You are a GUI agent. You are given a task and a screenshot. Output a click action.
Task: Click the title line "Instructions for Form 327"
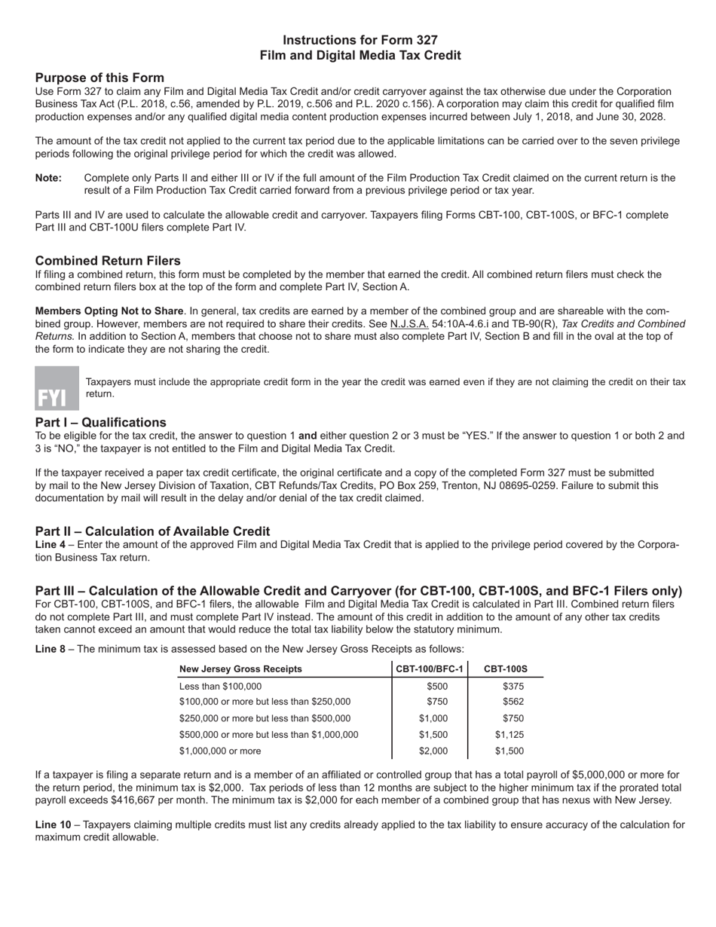click(360, 40)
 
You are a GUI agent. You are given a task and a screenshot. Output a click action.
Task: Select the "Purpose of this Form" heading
click(99, 78)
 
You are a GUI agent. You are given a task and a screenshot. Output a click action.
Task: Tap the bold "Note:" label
click(49, 178)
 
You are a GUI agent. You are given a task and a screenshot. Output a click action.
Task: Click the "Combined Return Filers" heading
click(108, 260)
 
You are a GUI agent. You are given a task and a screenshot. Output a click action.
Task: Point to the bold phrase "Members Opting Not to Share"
click(109, 311)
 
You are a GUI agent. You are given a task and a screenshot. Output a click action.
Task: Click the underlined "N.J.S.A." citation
click(409, 324)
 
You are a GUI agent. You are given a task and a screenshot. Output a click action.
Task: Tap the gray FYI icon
click(57, 388)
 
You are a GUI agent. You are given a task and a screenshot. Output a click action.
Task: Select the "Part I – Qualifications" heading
click(100, 422)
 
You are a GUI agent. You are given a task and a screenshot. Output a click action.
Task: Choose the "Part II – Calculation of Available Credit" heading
click(152, 531)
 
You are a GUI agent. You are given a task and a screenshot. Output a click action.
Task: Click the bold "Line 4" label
click(50, 544)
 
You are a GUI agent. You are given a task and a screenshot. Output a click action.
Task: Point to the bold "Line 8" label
click(50, 648)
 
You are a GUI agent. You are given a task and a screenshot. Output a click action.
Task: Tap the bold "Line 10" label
click(53, 825)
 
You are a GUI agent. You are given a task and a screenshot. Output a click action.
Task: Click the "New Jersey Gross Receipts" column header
click(240, 668)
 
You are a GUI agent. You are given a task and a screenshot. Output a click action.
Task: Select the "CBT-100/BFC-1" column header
click(430, 668)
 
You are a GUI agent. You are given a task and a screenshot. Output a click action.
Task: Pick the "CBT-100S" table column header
click(506, 668)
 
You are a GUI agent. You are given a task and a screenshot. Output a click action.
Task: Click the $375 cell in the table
click(513, 686)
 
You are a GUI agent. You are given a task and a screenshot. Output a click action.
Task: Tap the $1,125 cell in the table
click(509, 734)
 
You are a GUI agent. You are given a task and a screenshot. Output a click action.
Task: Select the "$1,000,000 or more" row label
click(220, 751)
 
